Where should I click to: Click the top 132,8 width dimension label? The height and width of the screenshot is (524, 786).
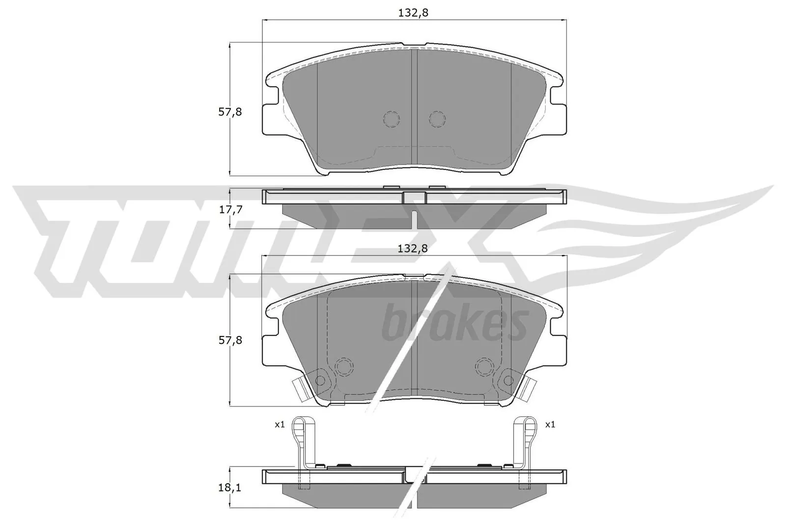click(413, 13)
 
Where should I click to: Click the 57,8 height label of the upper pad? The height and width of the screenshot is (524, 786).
click(230, 112)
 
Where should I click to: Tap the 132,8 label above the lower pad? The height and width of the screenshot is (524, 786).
click(413, 248)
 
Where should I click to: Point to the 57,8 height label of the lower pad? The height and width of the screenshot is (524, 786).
click(230, 340)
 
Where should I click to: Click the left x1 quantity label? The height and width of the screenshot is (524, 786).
click(280, 425)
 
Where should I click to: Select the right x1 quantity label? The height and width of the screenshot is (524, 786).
click(550, 425)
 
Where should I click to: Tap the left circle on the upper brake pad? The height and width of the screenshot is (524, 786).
click(391, 119)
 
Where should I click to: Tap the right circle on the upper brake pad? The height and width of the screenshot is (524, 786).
click(437, 119)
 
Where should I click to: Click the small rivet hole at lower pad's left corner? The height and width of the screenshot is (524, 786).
click(320, 380)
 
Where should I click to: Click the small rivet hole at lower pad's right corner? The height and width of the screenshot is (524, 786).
click(507, 380)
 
